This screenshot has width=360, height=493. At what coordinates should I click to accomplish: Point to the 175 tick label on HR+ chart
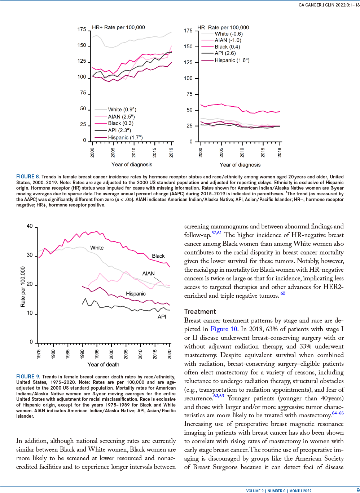(x=82, y=30)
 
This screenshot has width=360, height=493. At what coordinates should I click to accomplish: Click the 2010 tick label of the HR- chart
(x=242, y=152)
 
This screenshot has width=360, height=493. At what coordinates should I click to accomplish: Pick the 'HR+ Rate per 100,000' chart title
(x=118, y=27)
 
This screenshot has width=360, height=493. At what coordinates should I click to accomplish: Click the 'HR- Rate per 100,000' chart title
(x=223, y=27)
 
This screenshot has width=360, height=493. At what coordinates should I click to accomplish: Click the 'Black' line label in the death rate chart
(x=158, y=256)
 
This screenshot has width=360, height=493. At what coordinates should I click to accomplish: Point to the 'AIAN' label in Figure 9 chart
(x=148, y=274)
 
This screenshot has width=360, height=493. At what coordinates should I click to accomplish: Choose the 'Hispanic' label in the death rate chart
(x=136, y=294)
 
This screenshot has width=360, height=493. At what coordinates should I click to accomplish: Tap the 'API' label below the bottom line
(x=162, y=317)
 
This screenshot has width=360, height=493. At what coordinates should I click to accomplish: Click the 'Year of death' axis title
(x=103, y=364)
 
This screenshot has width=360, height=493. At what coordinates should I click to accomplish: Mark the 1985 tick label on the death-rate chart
(x=68, y=355)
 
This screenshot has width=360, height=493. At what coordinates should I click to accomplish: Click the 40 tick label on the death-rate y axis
(x=30, y=226)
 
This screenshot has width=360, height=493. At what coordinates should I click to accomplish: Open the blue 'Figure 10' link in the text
(x=224, y=329)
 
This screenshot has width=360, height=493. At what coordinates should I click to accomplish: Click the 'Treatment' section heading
(x=200, y=312)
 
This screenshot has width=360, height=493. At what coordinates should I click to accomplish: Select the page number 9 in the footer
(x=358, y=490)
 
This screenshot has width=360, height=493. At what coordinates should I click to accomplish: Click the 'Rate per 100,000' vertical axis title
(x=23, y=287)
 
